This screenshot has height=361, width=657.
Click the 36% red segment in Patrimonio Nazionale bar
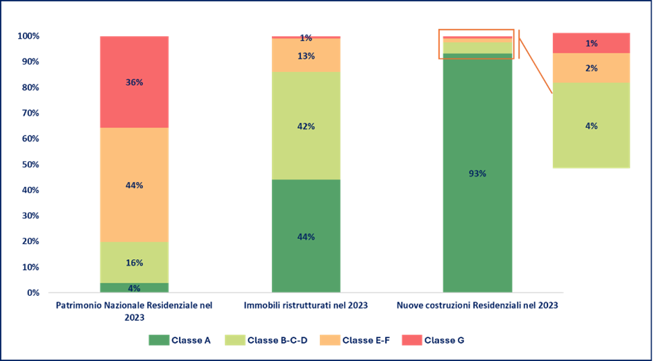[134, 82]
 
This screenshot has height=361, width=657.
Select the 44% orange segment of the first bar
[134, 185]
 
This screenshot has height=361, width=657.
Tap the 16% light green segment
[134, 263]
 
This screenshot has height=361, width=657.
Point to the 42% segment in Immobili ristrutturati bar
[306, 126]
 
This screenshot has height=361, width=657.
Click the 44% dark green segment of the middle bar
[306, 236]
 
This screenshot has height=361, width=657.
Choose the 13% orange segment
[306, 55]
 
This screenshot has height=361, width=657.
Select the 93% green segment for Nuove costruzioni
[477, 173]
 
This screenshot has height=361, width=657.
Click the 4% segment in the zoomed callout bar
[591, 126]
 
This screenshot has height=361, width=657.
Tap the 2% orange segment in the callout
[591, 68]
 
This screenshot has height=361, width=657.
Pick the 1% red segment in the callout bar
[591, 43]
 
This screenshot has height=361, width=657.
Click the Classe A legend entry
[180, 340]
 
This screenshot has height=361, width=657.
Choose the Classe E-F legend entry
[357, 340]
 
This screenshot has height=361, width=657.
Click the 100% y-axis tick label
[28, 36]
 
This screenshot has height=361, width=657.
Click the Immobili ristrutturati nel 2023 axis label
[306, 305]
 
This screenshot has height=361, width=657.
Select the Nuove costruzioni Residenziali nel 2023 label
[477, 305]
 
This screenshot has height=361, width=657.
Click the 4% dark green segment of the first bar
[134, 288]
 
